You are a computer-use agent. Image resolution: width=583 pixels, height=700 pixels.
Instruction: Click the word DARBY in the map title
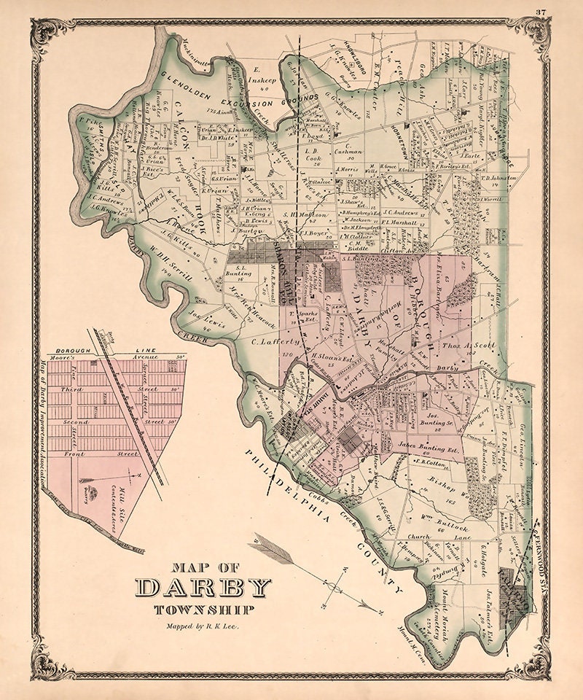(204, 587)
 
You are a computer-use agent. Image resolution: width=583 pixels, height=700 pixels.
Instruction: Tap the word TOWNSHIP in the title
(203, 610)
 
